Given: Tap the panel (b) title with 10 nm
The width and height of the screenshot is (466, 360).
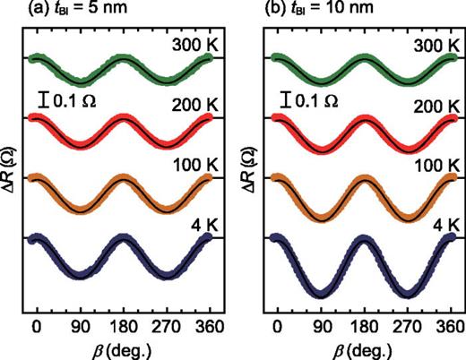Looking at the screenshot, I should coord(312,11).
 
